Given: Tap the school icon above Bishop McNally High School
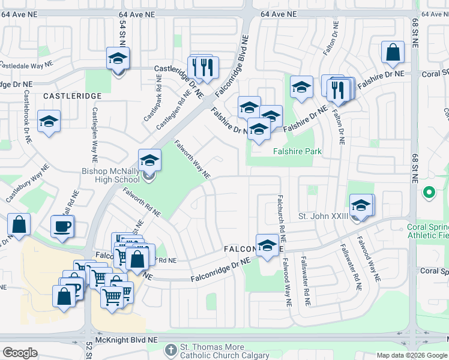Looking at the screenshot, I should tap(149, 161).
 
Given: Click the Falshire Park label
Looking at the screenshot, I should tap(297, 152).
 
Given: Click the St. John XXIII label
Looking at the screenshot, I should tap(323, 216).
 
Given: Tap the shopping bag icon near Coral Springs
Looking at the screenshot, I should tap(392, 52).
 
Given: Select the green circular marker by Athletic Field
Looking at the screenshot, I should tap(429, 193).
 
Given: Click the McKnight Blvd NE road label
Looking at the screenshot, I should tap(127, 340).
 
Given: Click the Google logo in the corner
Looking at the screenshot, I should tap(20, 353).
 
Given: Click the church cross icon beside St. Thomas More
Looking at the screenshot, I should tap(171, 349).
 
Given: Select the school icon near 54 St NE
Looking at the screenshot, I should tap(118, 59).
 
